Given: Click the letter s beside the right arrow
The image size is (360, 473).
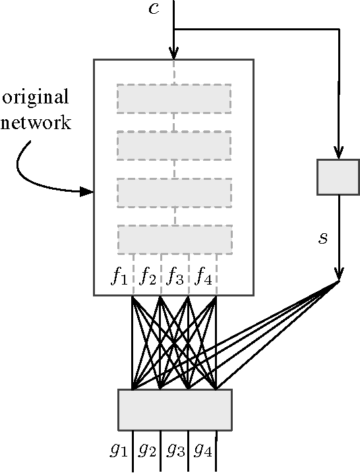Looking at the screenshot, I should pos(322,238).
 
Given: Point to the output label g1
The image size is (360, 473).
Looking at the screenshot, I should pos(119,451).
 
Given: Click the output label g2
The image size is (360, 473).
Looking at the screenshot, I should pos(147,451).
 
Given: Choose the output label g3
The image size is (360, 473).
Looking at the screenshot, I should pos(175,451).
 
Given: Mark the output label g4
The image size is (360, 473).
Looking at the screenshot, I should pos(203,451).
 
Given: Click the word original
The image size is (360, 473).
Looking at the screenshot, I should pos(36,97).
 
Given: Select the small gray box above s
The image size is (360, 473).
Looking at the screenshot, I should pos(338,177).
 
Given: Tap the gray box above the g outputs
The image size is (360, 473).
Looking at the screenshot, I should pos(175,409).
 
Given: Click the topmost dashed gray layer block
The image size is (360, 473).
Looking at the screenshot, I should pos(174,99).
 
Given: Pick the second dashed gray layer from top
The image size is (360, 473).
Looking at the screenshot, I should pos(174,146).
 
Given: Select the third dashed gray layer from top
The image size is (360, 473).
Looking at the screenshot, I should pos(174,192).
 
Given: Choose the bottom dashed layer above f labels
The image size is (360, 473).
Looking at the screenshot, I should pos(175,239).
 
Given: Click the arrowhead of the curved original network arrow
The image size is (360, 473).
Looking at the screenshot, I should pos(86,192).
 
